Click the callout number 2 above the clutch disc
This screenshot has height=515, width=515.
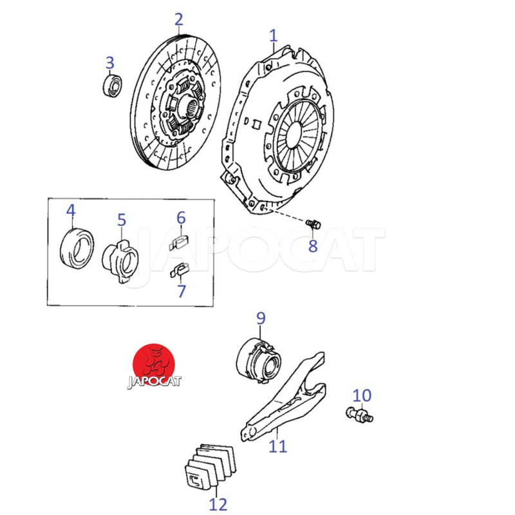[x=179, y=20]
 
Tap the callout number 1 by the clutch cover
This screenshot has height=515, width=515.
[x=273, y=36]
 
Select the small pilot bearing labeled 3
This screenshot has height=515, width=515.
[x=112, y=86]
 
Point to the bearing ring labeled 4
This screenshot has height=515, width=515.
[x=77, y=247]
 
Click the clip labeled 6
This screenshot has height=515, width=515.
[x=179, y=242]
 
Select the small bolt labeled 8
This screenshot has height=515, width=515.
[x=313, y=224]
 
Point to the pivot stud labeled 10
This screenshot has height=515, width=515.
[x=360, y=415]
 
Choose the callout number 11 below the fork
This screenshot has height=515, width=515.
[x=277, y=446]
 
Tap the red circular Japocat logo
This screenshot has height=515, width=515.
[x=153, y=366]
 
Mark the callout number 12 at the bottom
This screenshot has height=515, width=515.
[x=218, y=504]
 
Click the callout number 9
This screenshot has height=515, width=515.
[x=261, y=318]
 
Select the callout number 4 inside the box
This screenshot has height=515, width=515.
[x=71, y=211]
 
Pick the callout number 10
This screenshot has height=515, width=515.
[x=362, y=395]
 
